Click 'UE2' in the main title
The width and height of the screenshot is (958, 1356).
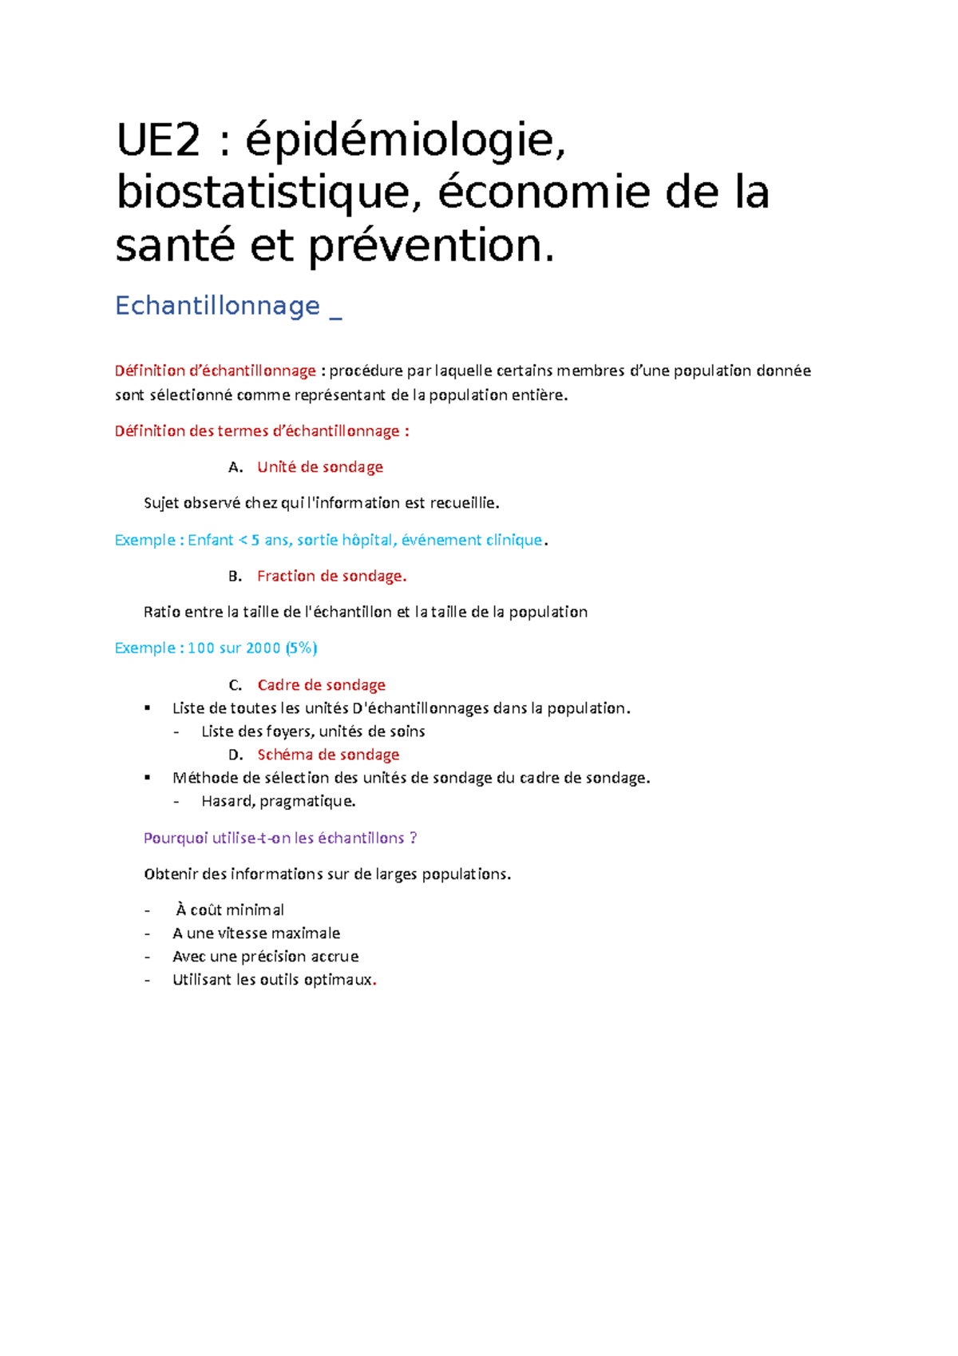click(158, 141)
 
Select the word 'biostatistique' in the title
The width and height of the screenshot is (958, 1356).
click(263, 193)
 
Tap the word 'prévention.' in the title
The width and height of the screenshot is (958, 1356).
click(431, 246)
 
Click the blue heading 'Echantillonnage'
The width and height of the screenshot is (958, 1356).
click(217, 306)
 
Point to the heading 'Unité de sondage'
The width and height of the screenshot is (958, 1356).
click(320, 467)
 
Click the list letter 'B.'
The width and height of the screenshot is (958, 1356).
click(235, 577)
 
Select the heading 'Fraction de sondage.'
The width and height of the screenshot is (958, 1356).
click(332, 577)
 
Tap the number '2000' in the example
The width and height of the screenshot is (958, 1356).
click(263, 648)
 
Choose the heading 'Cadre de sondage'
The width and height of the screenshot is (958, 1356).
click(321, 685)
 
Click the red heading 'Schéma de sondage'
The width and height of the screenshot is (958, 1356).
click(328, 755)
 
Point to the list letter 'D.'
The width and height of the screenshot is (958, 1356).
click(236, 755)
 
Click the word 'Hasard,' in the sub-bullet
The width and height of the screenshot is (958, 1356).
click(228, 801)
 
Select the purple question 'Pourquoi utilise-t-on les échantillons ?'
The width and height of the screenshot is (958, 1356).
click(280, 839)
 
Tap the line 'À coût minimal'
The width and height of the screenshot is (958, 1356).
click(229, 910)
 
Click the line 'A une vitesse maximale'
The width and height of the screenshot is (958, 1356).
click(256, 934)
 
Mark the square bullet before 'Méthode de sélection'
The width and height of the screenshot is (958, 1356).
click(148, 778)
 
